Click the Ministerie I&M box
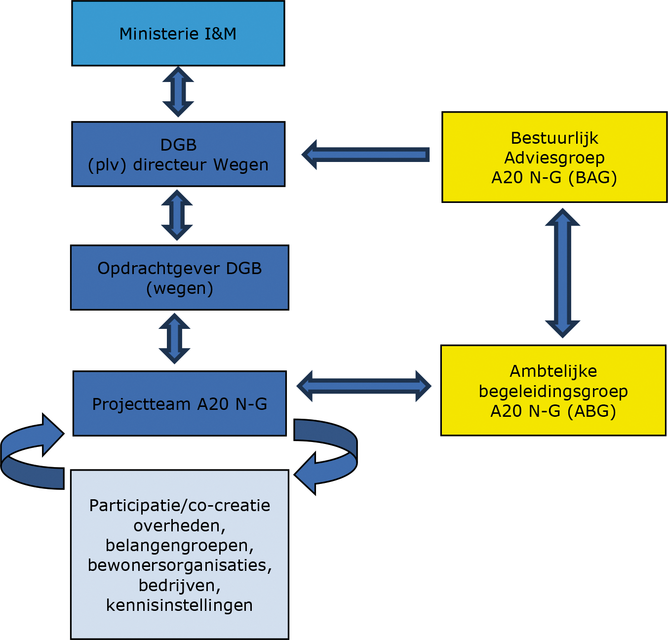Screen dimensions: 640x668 click(178, 34)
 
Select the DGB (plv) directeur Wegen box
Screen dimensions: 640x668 click(178, 154)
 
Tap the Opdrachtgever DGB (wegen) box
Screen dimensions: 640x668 click(180, 278)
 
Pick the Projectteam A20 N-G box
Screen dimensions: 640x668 click(180, 403)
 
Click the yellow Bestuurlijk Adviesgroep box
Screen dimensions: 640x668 click(554, 157)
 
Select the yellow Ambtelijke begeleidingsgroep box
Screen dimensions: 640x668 click(553, 390)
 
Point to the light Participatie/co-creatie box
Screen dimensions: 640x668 click(180, 555)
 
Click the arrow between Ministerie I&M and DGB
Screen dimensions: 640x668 click(178, 92)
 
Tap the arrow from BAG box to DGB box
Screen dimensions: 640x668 click(366, 155)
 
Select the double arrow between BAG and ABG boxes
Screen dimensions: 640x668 click(562, 273)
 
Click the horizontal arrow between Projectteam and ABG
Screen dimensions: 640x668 click(364, 386)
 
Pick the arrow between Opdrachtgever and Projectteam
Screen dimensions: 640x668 click(174, 339)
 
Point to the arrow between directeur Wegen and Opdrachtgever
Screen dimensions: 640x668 click(177, 215)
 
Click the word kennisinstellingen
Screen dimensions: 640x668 click(180, 605)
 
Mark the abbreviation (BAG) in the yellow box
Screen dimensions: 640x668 click(592, 177)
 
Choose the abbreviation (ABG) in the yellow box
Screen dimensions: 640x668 click(591, 411)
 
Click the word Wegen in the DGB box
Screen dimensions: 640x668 click(241, 164)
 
